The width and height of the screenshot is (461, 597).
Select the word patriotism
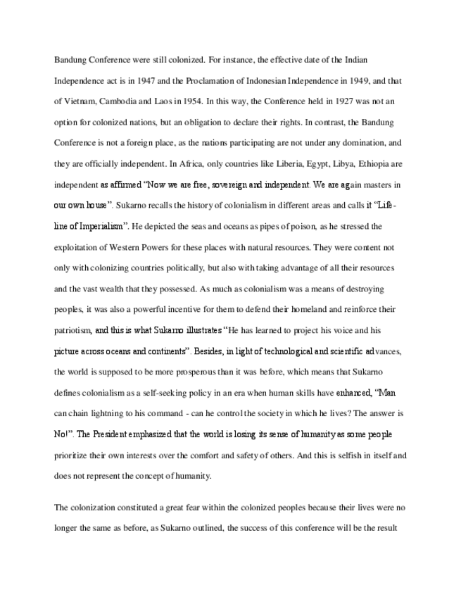click(x=72, y=329)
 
